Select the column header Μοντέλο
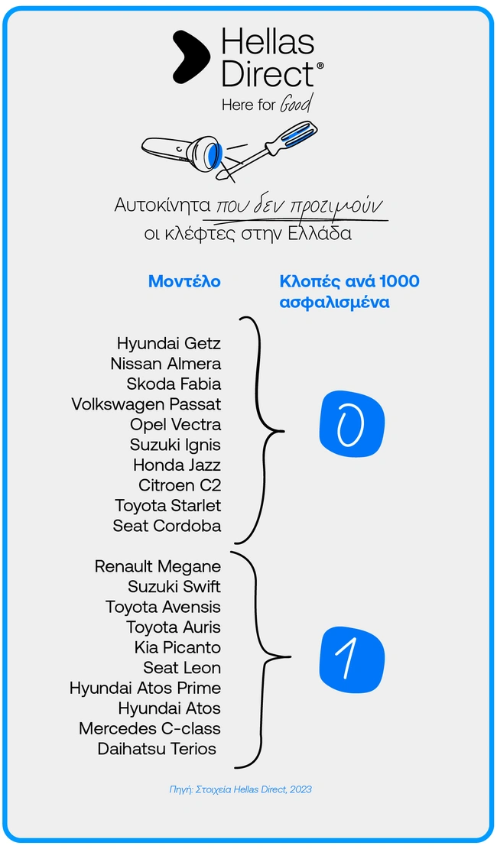[x=184, y=281]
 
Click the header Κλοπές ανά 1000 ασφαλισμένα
[x=349, y=291]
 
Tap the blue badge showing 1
[x=352, y=656]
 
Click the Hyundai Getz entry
[x=169, y=343]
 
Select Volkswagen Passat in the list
[x=146, y=404]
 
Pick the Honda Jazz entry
[x=177, y=465]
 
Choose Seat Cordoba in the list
[x=167, y=526]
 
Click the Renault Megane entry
[x=158, y=566]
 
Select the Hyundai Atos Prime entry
[x=145, y=688]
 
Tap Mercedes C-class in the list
[x=150, y=728]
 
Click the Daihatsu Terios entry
[x=157, y=749]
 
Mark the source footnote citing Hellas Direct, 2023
[x=240, y=789]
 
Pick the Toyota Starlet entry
[x=168, y=505]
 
